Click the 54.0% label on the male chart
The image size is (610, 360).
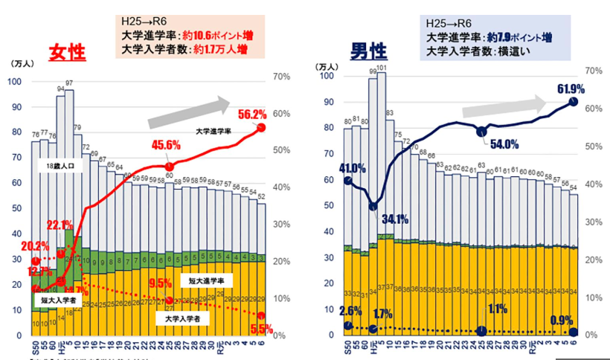(503, 144)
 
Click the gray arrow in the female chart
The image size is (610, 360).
(189, 112)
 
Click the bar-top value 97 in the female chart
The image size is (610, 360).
(69, 83)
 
